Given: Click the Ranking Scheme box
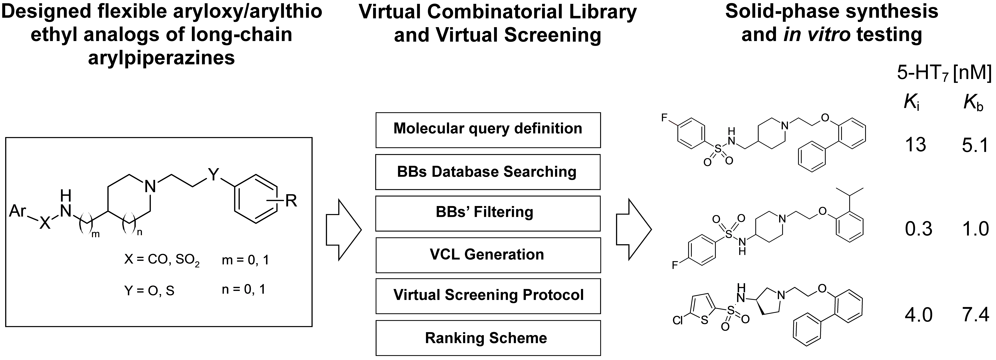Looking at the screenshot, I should [x=488, y=338].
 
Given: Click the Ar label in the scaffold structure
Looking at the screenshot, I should [x=18, y=212].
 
